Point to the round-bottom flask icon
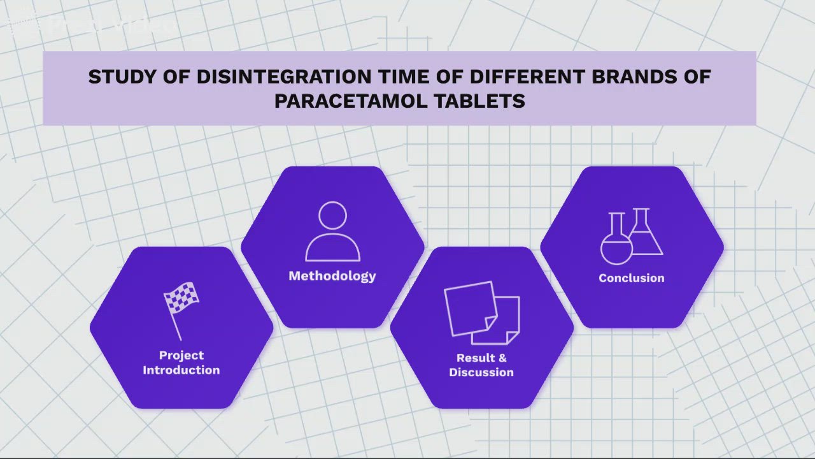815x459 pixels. coord(616,241)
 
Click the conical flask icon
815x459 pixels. coord(645,232)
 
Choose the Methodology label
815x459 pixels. coord(332,276)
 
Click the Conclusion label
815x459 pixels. coord(631,278)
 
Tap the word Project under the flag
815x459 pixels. coord(181,356)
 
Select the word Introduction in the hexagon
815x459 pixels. coord(181,370)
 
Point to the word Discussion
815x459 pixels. coord(481,373)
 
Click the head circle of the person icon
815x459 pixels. coord(332,215)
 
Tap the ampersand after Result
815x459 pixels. coord(501,358)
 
